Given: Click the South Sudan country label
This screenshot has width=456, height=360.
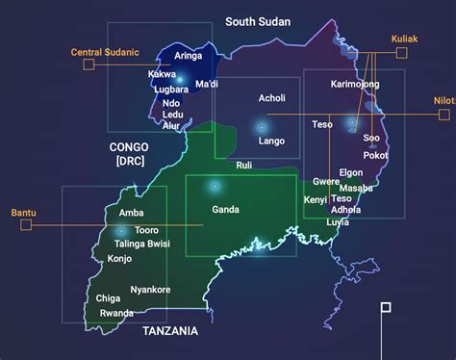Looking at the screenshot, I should pyautogui.click(x=257, y=21).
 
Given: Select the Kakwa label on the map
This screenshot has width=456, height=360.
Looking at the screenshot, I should pyautogui.click(x=162, y=74).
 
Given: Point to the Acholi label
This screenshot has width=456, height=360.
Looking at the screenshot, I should pyautogui.click(x=272, y=98).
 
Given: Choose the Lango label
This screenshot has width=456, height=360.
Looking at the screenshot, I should pyautogui.click(x=271, y=141).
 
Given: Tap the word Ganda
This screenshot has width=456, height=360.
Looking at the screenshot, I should pyautogui.click(x=225, y=209).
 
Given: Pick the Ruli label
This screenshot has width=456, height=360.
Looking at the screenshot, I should pyautogui.click(x=243, y=166).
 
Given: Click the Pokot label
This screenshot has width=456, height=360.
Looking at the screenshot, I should pyautogui.click(x=376, y=155).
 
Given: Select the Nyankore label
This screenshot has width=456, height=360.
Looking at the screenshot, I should pyautogui.click(x=150, y=290).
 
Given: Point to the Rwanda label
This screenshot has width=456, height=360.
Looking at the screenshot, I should pyautogui.click(x=116, y=313).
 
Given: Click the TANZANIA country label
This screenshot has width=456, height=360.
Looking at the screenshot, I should pyautogui.click(x=169, y=331).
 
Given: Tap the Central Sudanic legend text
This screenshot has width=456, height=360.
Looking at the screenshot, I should pyautogui.click(x=106, y=51).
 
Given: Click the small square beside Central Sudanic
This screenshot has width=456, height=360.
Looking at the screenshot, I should pyautogui.click(x=89, y=64).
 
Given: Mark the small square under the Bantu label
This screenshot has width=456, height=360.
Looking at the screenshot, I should pyautogui.click(x=26, y=225).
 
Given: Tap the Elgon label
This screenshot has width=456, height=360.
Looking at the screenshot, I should pyautogui.click(x=351, y=172).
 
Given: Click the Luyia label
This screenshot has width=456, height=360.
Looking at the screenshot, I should pyautogui.click(x=338, y=222).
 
